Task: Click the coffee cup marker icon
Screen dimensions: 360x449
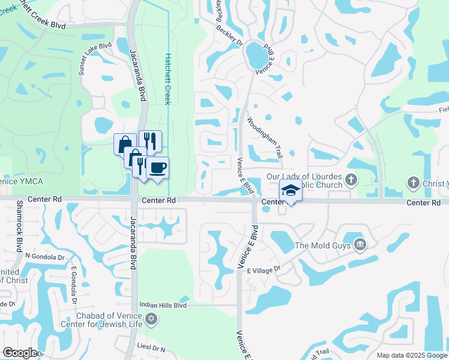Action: pyautogui.click(x=157, y=167)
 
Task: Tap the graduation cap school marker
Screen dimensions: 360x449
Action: pyautogui.click(x=291, y=190)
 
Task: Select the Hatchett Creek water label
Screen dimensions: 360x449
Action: pyautogui.click(x=168, y=78)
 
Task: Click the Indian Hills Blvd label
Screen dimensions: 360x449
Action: pyautogui.click(x=164, y=305)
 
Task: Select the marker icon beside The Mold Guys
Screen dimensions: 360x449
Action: pyautogui.click(x=360, y=244)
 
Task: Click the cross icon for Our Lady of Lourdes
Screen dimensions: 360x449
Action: pyautogui.click(x=351, y=178)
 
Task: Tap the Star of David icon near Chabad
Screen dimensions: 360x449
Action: pyautogui.click(x=151, y=318)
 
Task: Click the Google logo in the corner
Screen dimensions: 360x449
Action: pyautogui.click(x=20, y=352)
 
